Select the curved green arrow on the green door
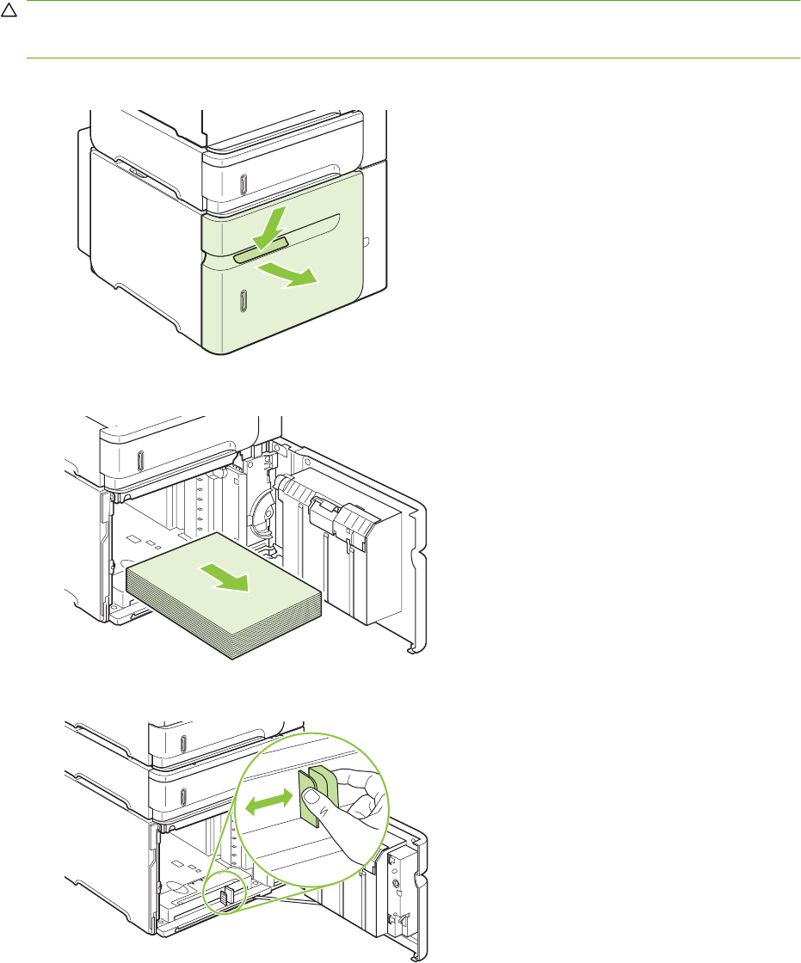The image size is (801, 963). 291,276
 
